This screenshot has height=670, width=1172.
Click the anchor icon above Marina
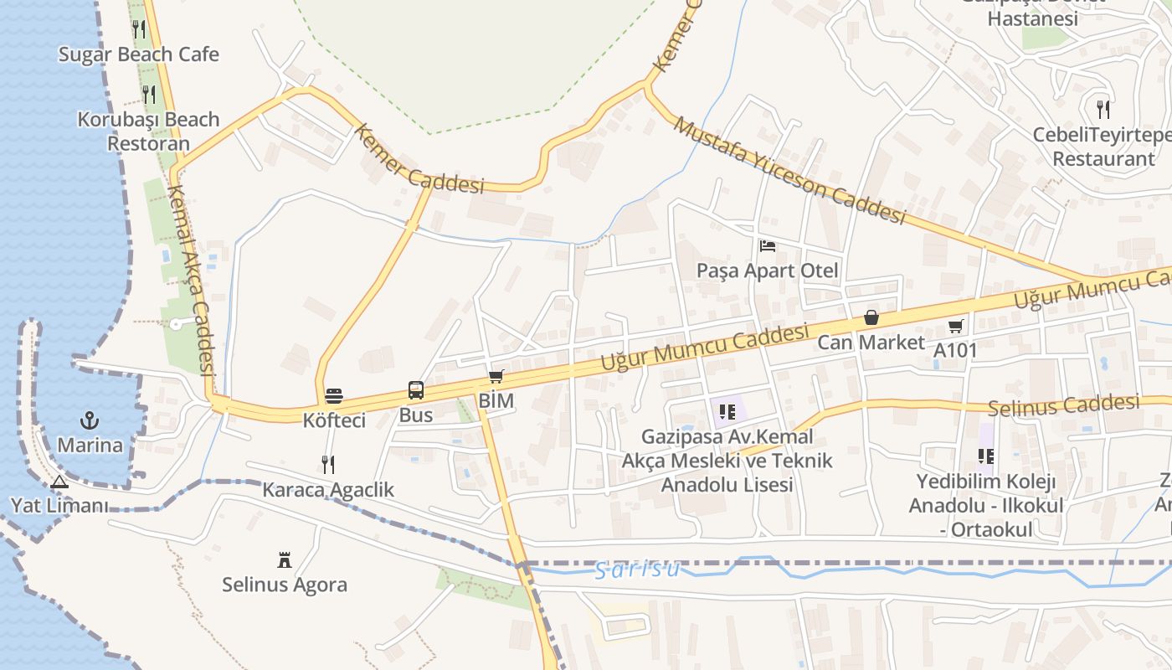pyautogui.click(x=89, y=420)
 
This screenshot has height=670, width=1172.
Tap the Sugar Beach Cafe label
pyautogui.click(x=138, y=54)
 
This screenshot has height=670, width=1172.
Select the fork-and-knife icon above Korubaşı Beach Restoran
pyautogui.click(x=149, y=94)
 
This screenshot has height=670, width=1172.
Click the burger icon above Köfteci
pyautogui.click(x=334, y=395)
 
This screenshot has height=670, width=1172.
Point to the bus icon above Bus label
pyautogui.click(x=416, y=389)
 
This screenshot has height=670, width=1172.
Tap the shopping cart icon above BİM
pyautogui.click(x=496, y=376)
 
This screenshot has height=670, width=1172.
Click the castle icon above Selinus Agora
pyautogui.click(x=285, y=559)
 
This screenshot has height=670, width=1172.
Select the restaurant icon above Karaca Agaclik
pyautogui.click(x=328, y=464)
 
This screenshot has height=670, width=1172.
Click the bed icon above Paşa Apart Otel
pyautogui.click(x=767, y=246)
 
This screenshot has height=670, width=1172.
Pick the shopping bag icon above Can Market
pyautogui.click(x=871, y=317)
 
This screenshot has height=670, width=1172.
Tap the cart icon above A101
pyautogui.click(x=955, y=326)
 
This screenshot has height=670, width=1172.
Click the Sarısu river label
pyautogui.click(x=636, y=570)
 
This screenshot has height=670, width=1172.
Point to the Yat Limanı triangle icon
pyautogui.click(x=59, y=482)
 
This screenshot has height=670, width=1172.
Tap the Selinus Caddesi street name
pyautogui.click(x=1063, y=406)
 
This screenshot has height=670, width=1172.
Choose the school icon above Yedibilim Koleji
pyautogui.click(x=986, y=456)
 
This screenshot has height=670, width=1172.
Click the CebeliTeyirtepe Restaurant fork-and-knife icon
pyautogui.click(x=1103, y=109)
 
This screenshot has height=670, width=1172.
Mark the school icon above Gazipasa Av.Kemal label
pyautogui.click(x=727, y=411)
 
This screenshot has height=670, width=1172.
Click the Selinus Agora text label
pyautogui.click(x=285, y=585)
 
